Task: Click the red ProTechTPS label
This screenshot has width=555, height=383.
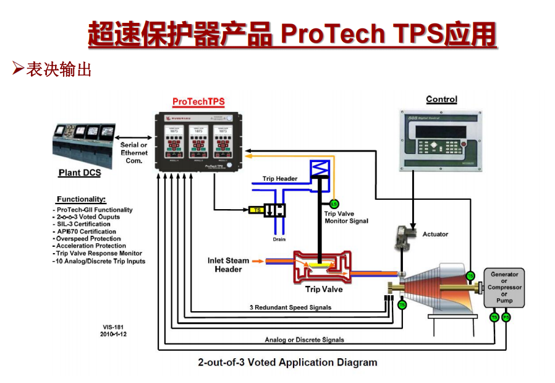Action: tap(198, 101)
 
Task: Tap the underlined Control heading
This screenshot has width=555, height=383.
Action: tap(441, 100)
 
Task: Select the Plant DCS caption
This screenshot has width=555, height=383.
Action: tap(80, 173)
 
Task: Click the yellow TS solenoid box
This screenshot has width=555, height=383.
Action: tap(256, 210)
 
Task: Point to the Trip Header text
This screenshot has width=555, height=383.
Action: tap(279, 179)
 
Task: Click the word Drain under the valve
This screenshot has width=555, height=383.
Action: tap(279, 239)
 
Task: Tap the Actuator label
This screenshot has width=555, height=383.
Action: tap(435, 235)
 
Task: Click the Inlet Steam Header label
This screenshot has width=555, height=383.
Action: tap(228, 265)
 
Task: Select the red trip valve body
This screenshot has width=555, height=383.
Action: tap(321, 266)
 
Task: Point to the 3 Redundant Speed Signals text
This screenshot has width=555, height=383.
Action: tap(290, 308)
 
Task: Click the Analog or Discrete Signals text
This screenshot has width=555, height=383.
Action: tap(304, 340)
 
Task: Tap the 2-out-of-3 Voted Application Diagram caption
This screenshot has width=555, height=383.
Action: tap(287, 362)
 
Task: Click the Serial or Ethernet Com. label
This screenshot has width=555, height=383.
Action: tap(133, 153)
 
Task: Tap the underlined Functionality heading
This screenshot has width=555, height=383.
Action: tap(81, 200)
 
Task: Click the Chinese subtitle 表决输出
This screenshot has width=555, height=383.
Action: tap(59, 69)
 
